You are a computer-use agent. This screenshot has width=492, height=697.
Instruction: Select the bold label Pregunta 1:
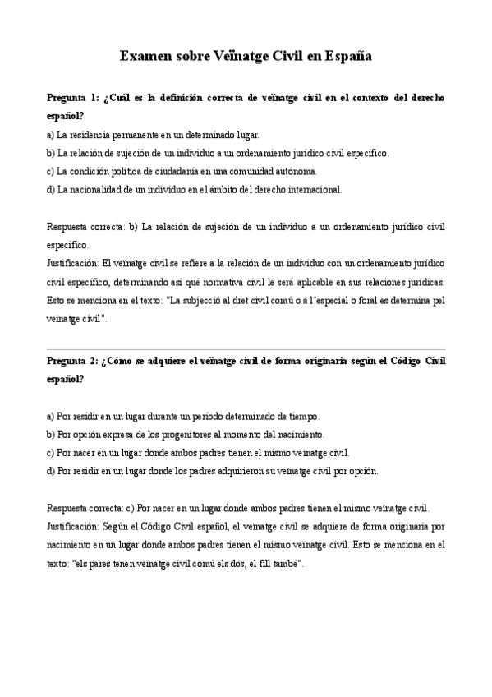click(74, 98)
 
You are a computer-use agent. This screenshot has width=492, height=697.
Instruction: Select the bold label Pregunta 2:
click(74, 362)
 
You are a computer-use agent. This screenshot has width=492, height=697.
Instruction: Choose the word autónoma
click(297, 171)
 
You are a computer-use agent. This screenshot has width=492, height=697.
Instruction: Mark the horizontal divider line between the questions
click(246, 349)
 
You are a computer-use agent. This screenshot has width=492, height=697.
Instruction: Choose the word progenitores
click(186, 434)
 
